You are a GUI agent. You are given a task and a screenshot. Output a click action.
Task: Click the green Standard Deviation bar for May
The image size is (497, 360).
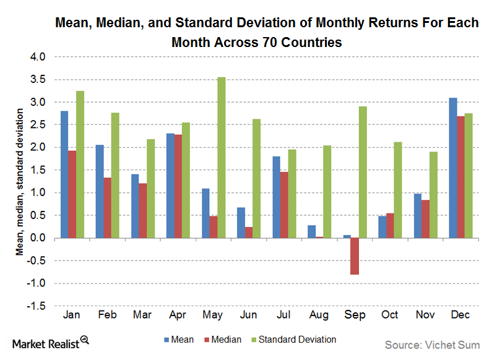pyautogui.click(x=222, y=158)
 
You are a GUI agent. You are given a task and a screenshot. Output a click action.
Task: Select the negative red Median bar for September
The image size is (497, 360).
pyautogui.click(x=354, y=256)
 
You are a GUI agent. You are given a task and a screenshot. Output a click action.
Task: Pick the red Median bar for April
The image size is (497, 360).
pyautogui.click(x=178, y=186)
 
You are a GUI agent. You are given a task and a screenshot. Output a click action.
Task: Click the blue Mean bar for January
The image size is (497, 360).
pyautogui.click(x=64, y=174)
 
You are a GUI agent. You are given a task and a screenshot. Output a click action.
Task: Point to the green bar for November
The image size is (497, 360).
pyautogui.click(x=434, y=195)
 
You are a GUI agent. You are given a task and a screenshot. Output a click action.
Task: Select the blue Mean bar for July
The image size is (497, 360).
pyautogui.click(x=275, y=197)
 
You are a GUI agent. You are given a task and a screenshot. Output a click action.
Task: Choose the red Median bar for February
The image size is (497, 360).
pyautogui.click(x=107, y=208)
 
